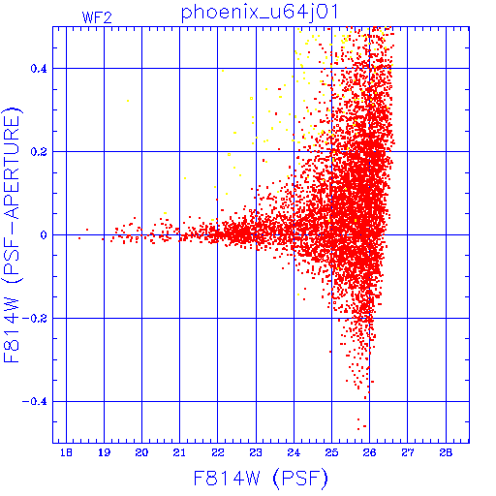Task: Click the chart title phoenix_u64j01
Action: coord(260,13)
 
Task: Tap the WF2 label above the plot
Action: coord(97,17)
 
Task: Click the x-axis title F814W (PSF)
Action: coord(261,478)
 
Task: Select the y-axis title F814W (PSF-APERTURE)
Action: coord(13,235)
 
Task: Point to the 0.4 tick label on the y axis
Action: coord(39,69)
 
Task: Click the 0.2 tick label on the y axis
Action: coord(39,152)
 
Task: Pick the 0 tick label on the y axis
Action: coord(44,235)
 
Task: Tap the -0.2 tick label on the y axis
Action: coord(35,319)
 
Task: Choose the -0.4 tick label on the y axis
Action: coord(35,402)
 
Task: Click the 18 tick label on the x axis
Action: coord(66,452)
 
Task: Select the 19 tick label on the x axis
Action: coord(104,452)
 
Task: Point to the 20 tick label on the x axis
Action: coord(141,452)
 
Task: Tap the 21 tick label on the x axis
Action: coord(179,452)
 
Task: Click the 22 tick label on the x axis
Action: coord(218,452)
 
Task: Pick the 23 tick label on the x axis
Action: coord(256,452)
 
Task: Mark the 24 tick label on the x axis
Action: coord(294,452)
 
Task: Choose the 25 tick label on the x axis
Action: coord(331,452)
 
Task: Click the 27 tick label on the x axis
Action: coord(408,452)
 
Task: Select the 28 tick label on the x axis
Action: coord(446,452)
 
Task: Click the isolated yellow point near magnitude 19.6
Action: coord(128,101)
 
